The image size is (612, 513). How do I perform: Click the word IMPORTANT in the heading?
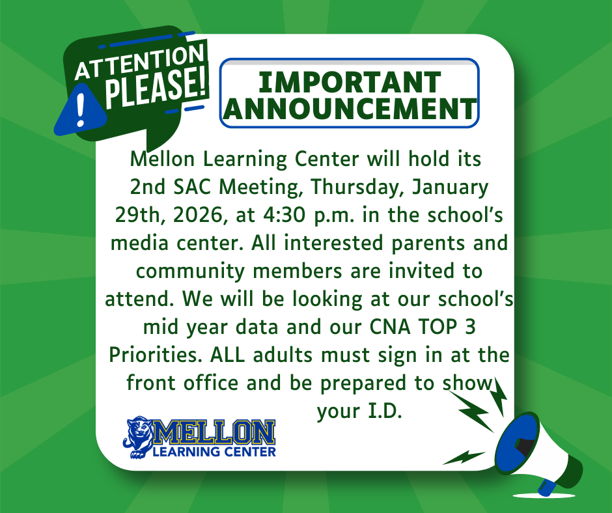click(x=350, y=82)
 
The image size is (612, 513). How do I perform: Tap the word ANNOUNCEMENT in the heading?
click(x=350, y=108)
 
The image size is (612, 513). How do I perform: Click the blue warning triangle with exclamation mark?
click(x=80, y=110)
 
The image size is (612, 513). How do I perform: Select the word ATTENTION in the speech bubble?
click(x=139, y=62)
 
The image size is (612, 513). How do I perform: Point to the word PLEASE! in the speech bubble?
click(x=156, y=87)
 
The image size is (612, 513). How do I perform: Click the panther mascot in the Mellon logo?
click(x=139, y=437)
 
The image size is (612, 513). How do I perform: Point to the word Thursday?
click(x=353, y=187)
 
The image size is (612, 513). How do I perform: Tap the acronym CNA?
click(x=390, y=327)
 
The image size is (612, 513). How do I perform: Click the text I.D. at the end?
click(x=385, y=411)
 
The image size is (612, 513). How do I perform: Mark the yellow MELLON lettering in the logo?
click(x=214, y=432)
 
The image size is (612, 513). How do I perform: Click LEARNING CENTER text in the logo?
click(x=214, y=452)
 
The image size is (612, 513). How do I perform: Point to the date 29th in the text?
click(x=138, y=215)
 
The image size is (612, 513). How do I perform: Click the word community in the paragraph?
click(x=191, y=271)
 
